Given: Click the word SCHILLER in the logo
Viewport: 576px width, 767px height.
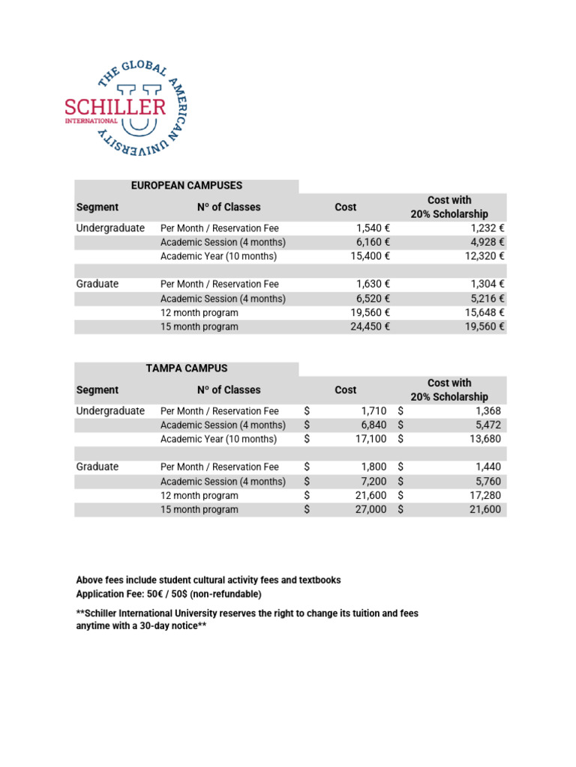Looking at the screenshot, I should [x=115, y=106].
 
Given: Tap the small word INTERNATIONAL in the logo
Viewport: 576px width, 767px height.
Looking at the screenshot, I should [x=91, y=121].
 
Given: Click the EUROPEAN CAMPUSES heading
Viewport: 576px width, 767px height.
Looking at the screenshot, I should [x=187, y=185].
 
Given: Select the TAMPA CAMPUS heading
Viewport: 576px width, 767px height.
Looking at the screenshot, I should [x=187, y=368].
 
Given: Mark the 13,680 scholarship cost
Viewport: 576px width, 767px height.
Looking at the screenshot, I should [x=484, y=439].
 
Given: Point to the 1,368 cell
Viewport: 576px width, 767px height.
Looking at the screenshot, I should [x=487, y=410].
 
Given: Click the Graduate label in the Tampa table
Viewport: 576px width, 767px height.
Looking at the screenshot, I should [x=97, y=467].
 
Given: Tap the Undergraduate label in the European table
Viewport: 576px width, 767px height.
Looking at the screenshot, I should [x=110, y=228].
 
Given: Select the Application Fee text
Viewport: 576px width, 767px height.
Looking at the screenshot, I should [x=110, y=594].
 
